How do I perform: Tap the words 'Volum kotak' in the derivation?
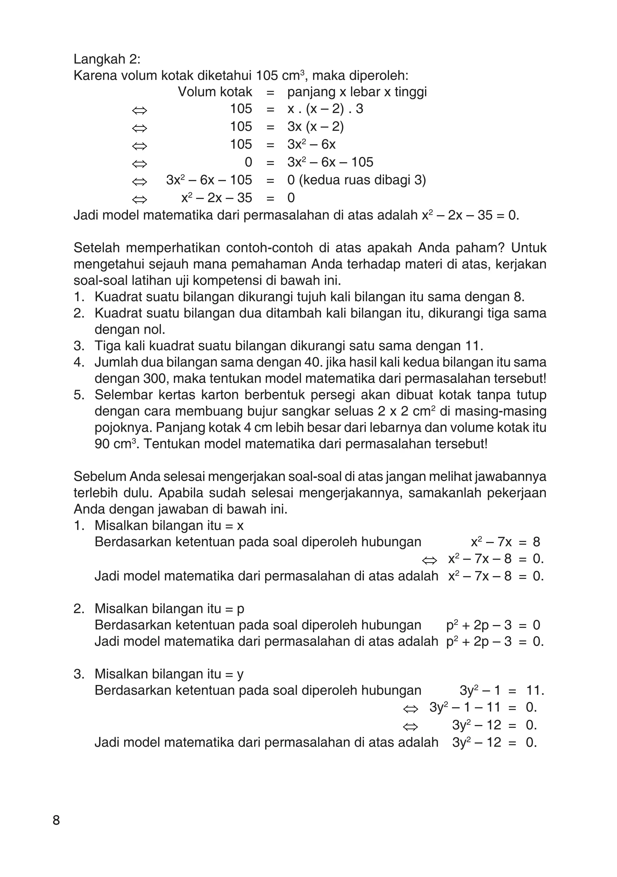(x=215, y=92)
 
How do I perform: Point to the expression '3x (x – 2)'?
(x=315, y=127)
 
